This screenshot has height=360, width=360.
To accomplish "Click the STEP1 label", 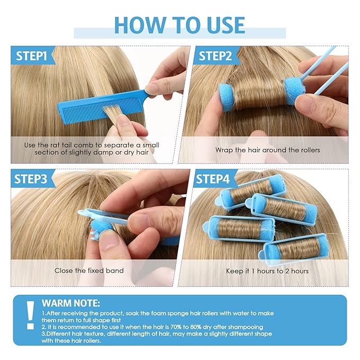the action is (31, 56).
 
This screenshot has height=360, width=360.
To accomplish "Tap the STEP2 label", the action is (215, 56).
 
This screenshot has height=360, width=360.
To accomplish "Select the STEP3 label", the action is (31, 179).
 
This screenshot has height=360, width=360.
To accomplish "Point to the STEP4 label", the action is (213, 179).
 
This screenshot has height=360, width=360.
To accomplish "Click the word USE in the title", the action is (226, 25).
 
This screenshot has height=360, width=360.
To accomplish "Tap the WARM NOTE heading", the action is (71, 303).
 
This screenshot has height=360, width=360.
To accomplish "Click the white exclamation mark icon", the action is (30, 315).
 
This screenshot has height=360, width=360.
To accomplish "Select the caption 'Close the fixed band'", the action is (89, 270).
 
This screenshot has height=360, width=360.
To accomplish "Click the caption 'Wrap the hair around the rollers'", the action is (267, 150).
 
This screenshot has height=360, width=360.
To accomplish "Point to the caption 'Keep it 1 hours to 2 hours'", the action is (267, 271).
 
